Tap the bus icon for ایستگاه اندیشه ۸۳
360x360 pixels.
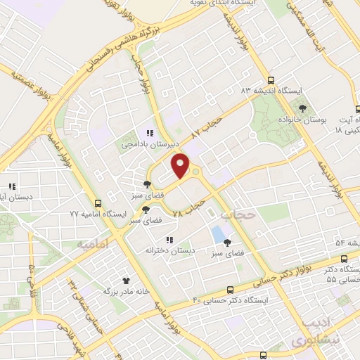tap(271, 79)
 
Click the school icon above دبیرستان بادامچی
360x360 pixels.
tap(149, 133)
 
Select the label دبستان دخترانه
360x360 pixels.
tap(169, 250)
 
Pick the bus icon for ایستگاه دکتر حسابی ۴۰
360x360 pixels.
tap(231, 289)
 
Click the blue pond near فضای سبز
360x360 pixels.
tap(220, 233)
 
